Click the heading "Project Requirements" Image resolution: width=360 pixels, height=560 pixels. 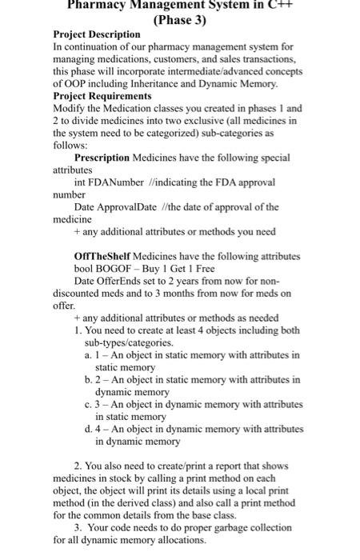[x=99, y=95]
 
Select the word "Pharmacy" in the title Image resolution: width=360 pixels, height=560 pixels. [x=97, y=4]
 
